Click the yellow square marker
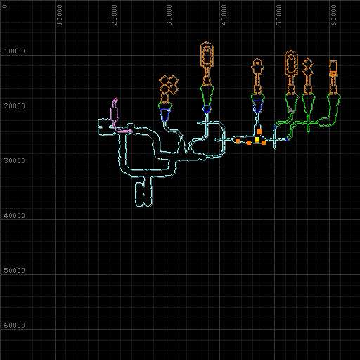pos(257,139)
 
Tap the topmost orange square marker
pos(259,131)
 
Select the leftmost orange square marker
pos(238,141)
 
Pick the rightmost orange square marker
pos(264,143)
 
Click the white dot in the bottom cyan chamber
pos(143,194)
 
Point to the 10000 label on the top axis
pos(60,15)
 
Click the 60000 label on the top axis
pos(334,15)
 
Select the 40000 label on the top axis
pos(224,15)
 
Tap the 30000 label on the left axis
pos(14,161)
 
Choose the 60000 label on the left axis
pos(14,326)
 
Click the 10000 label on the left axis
pos(14,51)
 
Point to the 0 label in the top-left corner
pos(5,6)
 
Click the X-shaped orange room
pos(169,85)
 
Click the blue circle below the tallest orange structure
pos(207,109)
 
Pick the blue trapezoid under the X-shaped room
pos(165,114)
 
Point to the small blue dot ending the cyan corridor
pos(287,140)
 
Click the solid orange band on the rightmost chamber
pos(333,75)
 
